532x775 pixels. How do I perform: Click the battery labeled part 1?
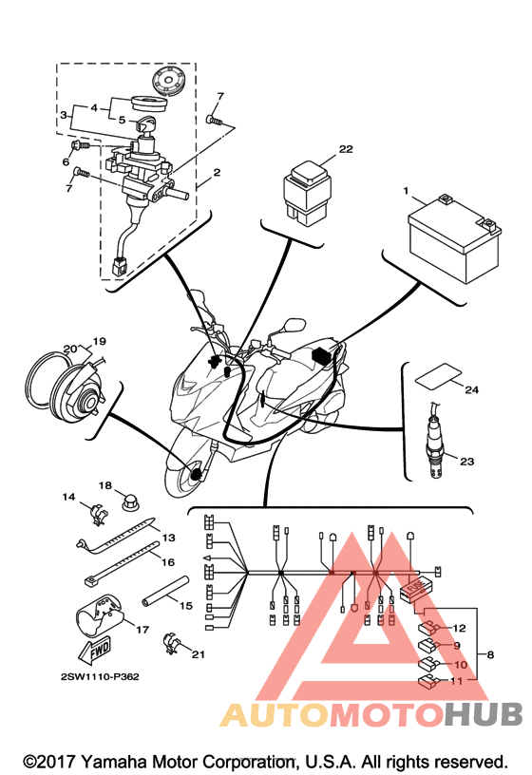[453, 239]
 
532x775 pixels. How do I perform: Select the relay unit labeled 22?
[307, 193]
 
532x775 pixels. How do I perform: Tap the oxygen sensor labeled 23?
[435, 441]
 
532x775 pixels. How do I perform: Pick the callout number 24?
[471, 390]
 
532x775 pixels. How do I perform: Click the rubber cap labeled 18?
[129, 504]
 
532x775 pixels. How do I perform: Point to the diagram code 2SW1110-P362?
[100, 676]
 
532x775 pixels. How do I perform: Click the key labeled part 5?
[143, 123]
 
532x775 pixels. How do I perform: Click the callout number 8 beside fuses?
[490, 655]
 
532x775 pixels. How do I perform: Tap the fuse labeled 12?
[428, 628]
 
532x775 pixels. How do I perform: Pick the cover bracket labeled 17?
[101, 615]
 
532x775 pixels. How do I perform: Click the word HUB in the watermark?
[483, 715]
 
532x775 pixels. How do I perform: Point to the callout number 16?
[168, 562]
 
